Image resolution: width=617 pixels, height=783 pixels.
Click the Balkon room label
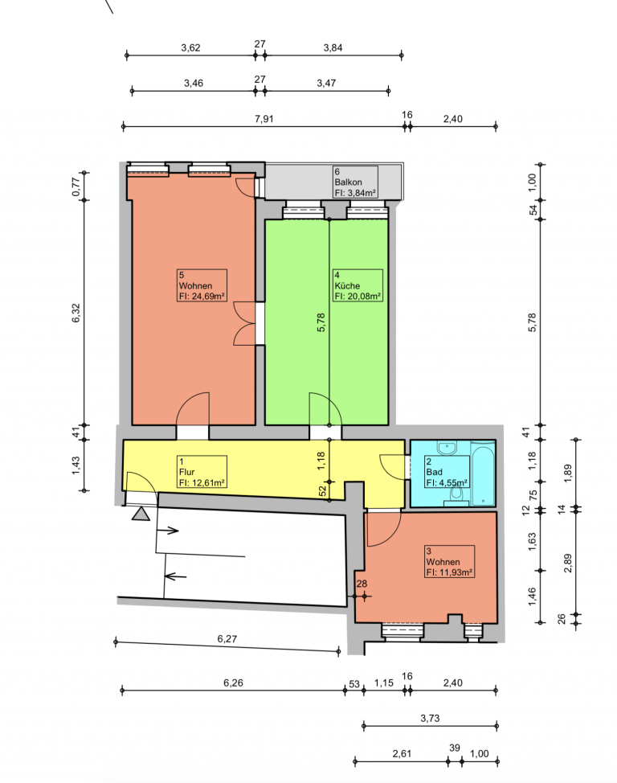coord(348,182)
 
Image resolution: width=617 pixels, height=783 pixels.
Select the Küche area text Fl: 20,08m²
coord(358,296)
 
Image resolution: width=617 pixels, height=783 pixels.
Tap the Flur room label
coord(186,472)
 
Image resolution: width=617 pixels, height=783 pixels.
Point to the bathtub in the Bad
coord(483,473)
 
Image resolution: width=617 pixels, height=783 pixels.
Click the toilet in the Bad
coord(456,496)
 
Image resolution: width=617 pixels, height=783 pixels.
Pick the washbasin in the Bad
coord(447,448)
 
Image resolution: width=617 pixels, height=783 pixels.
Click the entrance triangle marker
coord(141,514)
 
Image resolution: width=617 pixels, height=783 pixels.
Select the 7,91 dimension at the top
coord(264,119)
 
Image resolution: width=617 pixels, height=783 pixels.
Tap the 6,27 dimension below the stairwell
coord(227,638)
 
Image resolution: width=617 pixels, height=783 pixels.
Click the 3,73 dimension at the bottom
coord(430,718)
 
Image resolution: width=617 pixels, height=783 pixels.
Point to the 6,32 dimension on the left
coord(76,313)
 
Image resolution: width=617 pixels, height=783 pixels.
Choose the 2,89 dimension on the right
coord(567,564)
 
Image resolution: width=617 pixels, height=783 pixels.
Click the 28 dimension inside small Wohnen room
coord(362,584)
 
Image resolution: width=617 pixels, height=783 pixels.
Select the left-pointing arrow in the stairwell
coord(175,576)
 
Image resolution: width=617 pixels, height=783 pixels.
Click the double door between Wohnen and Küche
coord(244,324)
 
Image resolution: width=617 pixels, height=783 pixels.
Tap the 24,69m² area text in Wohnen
coord(207,297)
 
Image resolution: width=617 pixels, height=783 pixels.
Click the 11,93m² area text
coord(455,572)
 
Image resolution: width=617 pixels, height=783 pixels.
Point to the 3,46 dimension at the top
coord(193,83)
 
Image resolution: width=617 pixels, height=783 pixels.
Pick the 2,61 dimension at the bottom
coord(402,753)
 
